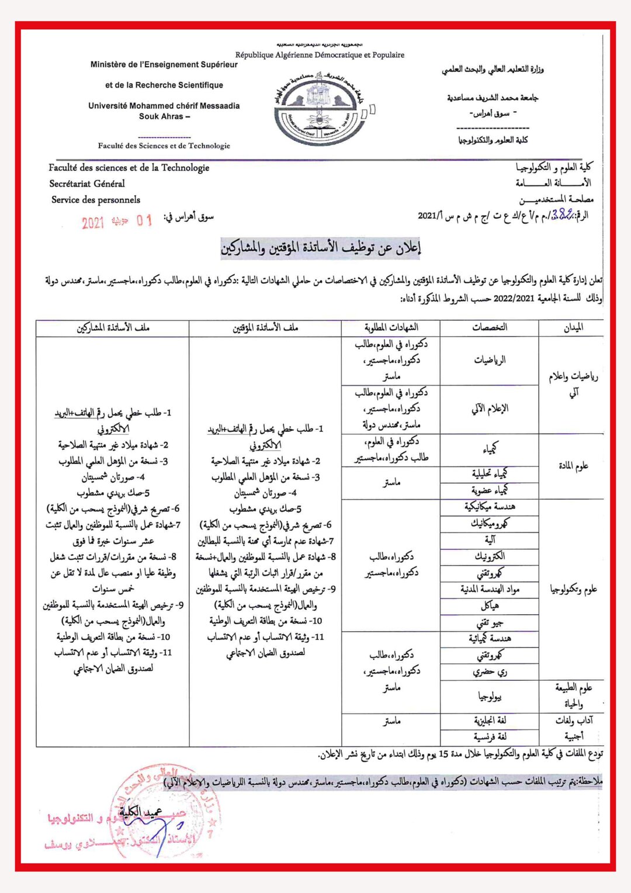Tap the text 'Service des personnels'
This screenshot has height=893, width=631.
pos(96,200)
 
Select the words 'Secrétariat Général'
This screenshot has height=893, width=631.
pos(87,184)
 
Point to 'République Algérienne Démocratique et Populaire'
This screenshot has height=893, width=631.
pos(320,55)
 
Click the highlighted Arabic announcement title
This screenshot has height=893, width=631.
pos(321,247)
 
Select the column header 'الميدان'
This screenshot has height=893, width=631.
pos(573,328)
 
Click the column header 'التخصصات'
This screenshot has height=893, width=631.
pos(490,328)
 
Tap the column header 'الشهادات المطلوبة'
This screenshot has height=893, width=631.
pos(391,328)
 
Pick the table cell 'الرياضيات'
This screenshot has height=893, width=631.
pos(490,360)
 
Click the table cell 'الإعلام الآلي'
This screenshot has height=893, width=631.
pos(490,409)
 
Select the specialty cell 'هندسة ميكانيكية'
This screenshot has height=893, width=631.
pos(490,507)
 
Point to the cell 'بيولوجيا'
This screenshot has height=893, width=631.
pos(490,696)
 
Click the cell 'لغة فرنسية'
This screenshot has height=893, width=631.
pos(490,737)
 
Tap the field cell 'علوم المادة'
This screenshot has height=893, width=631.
pos(573,466)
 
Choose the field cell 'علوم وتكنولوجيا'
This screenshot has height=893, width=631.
pos(573,589)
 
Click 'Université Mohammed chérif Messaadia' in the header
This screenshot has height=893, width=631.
pos(164,106)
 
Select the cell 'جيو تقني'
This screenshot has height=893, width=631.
pos(490,623)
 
